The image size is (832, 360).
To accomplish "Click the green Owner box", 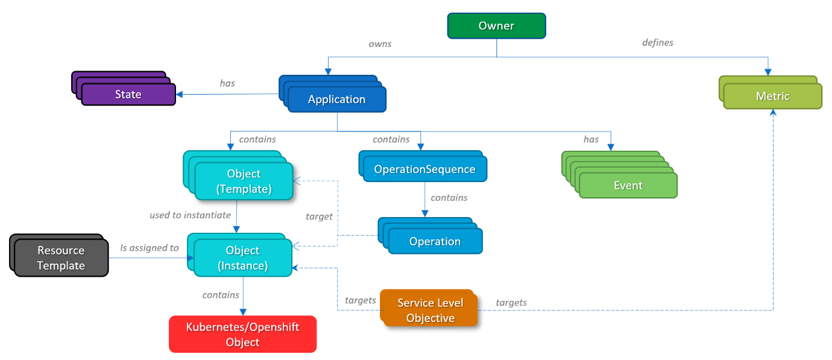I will [x=496, y=26].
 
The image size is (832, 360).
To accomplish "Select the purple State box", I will [x=128, y=95].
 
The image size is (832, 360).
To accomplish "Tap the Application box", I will [x=336, y=99].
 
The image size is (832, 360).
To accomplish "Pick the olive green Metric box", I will [x=772, y=96].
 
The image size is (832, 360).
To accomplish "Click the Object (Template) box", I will [x=244, y=181].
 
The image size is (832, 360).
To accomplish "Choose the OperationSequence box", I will [x=424, y=169].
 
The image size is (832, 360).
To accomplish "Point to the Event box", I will [x=628, y=186].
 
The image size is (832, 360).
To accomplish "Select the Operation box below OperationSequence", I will [x=435, y=241].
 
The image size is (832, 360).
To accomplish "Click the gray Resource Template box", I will [x=61, y=258].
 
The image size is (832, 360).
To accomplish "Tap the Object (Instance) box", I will [x=243, y=257].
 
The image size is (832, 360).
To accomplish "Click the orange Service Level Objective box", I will [x=430, y=311].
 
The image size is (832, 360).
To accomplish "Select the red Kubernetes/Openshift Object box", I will [x=242, y=334].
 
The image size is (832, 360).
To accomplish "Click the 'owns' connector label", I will [x=380, y=44].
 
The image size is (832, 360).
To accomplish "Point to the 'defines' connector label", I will [x=657, y=43].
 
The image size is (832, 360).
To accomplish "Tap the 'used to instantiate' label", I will [x=190, y=215].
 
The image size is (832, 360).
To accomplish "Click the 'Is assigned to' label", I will [x=150, y=248].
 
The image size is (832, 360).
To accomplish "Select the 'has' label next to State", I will [x=227, y=83].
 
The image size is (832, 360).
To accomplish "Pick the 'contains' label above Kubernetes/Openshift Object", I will [x=221, y=295].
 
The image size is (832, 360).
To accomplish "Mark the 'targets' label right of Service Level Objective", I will [x=511, y=302].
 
